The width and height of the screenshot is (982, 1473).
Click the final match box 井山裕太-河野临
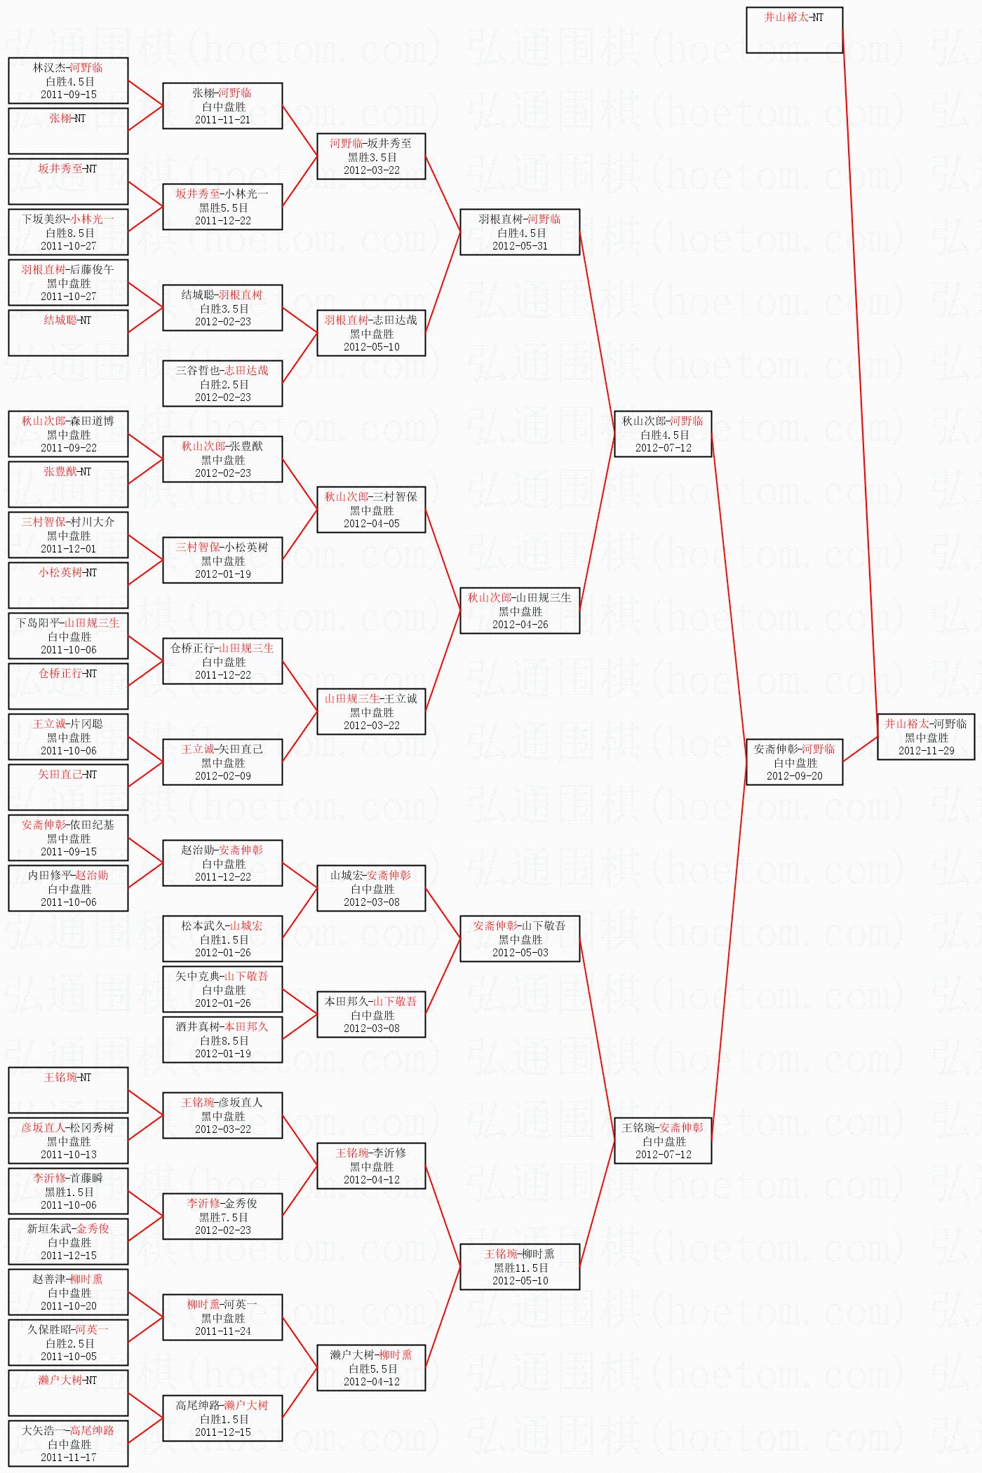(x=926, y=737)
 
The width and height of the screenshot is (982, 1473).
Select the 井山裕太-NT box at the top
(x=794, y=30)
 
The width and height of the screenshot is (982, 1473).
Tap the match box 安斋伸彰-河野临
(x=794, y=762)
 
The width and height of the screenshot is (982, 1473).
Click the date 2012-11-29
(x=926, y=751)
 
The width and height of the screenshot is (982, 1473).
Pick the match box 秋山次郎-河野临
(x=663, y=434)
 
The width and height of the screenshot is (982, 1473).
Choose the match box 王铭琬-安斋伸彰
(x=663, y=1141)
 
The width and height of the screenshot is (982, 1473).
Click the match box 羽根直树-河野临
(x=520, y=232)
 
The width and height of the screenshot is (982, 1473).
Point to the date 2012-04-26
(x=520, y=625)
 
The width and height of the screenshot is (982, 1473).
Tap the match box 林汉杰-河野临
(x=68, y=81)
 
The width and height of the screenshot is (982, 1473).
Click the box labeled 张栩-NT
(x=68, y=131)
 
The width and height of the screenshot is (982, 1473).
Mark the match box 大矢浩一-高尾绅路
(x=68, y=1444)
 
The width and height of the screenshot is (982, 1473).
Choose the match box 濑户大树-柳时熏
(x=371, y=1368)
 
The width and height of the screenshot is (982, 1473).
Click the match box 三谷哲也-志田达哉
(x=222, y=383)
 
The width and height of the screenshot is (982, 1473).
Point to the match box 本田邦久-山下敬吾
(x=371, y=1014)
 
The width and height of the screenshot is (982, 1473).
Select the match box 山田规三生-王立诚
(x=371, y=712)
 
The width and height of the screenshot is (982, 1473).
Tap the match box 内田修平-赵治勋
(x=68, y=888)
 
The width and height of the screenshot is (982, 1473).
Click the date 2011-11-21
(x=222, y=120)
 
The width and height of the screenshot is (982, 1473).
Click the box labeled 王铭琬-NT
(x=68, y=1090)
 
